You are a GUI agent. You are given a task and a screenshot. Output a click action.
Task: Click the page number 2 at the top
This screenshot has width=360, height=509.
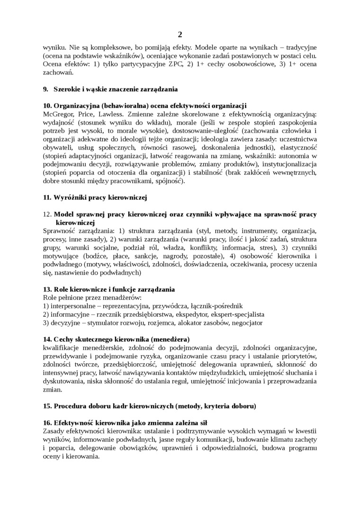coord(180,35)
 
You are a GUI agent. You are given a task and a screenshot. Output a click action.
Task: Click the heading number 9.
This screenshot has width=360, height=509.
coord(45,89)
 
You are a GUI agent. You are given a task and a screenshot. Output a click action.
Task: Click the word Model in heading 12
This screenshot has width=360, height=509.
coord(64,214)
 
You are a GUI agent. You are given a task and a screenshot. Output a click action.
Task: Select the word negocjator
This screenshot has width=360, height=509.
coord(246,322)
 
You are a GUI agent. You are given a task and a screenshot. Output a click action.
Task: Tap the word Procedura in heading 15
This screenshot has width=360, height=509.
coord(71,406)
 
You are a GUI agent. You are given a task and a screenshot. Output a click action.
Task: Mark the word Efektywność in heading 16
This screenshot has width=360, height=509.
coord(73,422)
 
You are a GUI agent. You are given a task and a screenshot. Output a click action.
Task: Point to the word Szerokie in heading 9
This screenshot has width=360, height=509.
coord(67,89)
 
